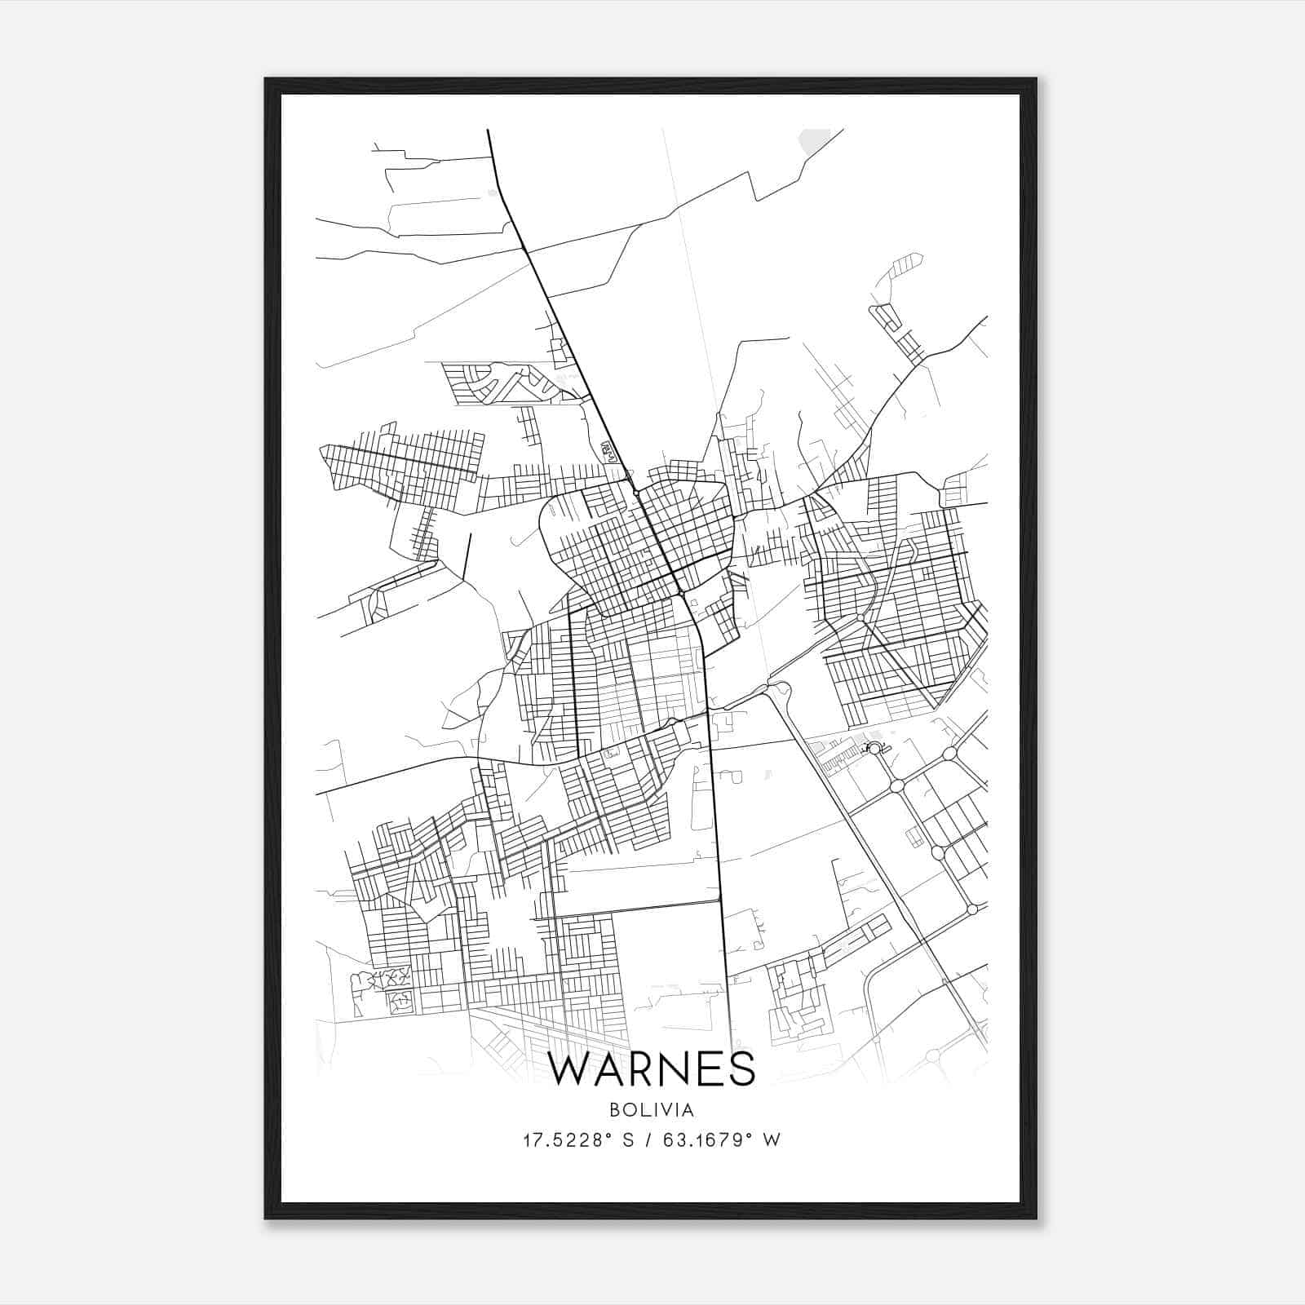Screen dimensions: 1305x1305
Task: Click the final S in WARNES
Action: pyautogui.click(x=743, y=1069)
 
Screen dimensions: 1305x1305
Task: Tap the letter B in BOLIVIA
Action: pyautogui.click(x=614, y=1110)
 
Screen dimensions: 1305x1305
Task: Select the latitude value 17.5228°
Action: pyautogui.click(x=567, y=1140)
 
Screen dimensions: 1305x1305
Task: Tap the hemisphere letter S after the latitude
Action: pyautogui.click(x=628, y=1140)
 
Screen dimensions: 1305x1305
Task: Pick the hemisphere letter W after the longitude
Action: pyautogui.click(x=772, y=1140)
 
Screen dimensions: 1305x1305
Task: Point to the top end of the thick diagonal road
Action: pyautogui.click(x=488, y=130)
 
